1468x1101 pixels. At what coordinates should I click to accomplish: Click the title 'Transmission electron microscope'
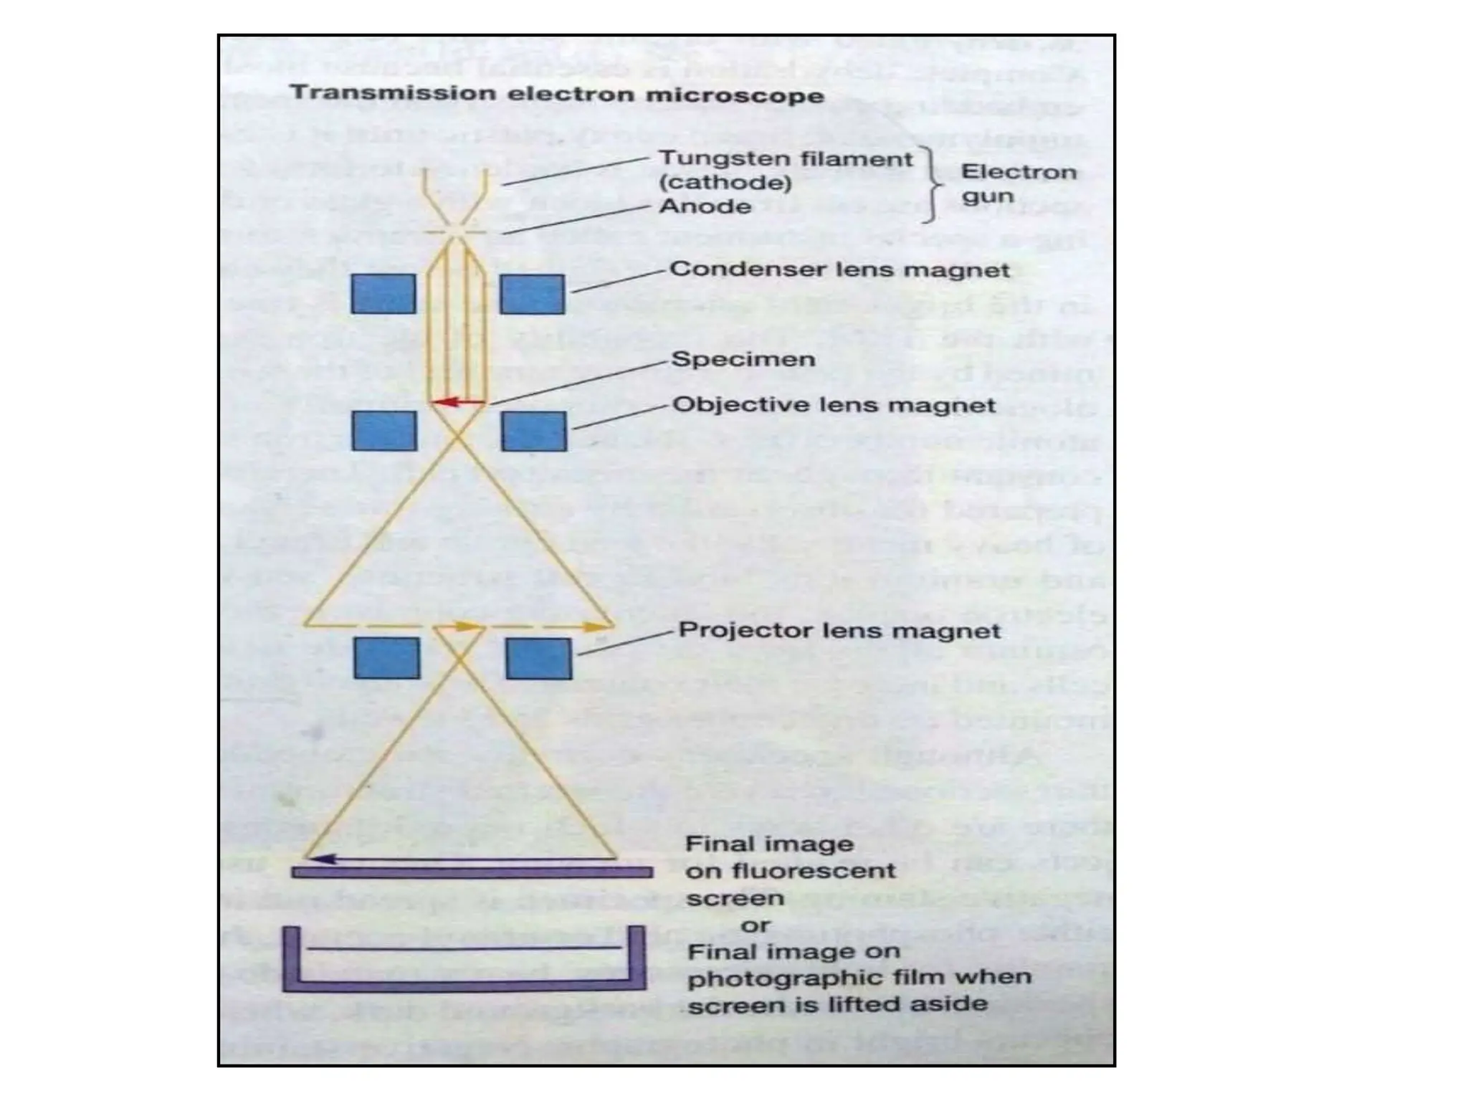pyautogui.click(x=556, y=95)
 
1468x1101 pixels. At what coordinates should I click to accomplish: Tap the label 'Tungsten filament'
pyautogui.click(x=786, y=158)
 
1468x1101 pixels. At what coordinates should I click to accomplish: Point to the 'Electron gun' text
pyautogui.click(x=1018, y=183)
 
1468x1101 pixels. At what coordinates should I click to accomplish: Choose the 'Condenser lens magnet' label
pyautogui.click(x=839, y=270)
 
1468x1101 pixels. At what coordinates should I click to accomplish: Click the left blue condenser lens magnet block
pyautogui.click(x=383, y=294)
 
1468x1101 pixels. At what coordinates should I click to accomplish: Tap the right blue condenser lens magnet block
pyautogui.click(x=532, y=295)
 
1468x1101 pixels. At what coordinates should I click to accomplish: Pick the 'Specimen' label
pyautogui.click(x=743, y=359)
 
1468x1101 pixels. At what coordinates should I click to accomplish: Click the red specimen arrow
pyautogui.click(x=459, y=402)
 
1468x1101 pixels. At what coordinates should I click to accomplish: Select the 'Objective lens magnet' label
pyautogui.click(x=834, y=405)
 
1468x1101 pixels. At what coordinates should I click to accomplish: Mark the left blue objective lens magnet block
pyautogui.click(x=384, y=431)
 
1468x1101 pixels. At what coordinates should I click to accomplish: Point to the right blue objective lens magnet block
pyautogui.click(x=534, y=432)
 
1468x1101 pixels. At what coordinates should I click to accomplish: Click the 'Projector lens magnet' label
pyautogui.click(x=839, y=631)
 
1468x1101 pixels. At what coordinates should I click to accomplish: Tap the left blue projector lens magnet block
pyautogui.click(x=387, y=658)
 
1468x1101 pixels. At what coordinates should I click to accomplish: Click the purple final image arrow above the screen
pyautogui.click(x=459, y=858)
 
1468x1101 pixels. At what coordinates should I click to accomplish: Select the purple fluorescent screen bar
pyautogui.click(x=472, y=872)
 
